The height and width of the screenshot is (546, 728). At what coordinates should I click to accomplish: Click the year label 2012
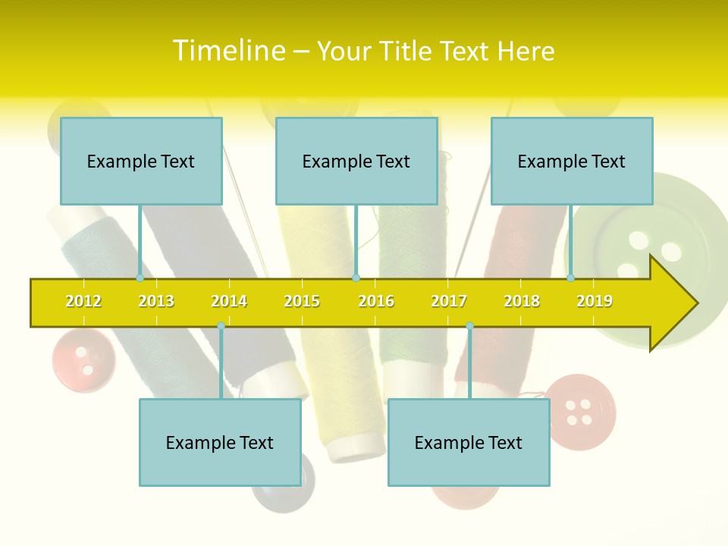[83, 301]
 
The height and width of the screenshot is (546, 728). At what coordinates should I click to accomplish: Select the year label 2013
[156, 301]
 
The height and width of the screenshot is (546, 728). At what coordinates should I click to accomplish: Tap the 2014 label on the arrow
[229, 301]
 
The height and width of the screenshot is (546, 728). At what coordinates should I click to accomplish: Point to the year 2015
[302, 301]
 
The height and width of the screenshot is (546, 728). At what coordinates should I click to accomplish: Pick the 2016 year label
[376, 301]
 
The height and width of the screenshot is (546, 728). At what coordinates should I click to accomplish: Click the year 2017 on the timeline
[449, 301]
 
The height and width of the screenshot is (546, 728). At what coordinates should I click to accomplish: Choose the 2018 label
[522, 301]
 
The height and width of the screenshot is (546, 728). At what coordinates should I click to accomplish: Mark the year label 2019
[595, 301]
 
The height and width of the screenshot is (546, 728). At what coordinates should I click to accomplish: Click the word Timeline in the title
[229, 51]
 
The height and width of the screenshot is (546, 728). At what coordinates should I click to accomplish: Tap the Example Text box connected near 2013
[141, 161]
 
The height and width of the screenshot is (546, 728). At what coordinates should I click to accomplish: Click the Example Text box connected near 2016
[356, 161]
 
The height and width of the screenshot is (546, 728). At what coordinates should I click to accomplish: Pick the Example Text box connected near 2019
[572, 161]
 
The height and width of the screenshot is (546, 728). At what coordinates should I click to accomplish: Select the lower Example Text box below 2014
[220, 442]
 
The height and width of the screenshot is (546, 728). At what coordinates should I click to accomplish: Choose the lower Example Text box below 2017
[469, 442]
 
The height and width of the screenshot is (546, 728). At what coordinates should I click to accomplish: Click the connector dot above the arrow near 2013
[140, 278]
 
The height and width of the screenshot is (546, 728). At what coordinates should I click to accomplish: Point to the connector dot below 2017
[469, 326]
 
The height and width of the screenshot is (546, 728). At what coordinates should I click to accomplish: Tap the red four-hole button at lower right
[580, 411]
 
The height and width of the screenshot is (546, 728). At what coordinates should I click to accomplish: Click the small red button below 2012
[83, 359]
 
